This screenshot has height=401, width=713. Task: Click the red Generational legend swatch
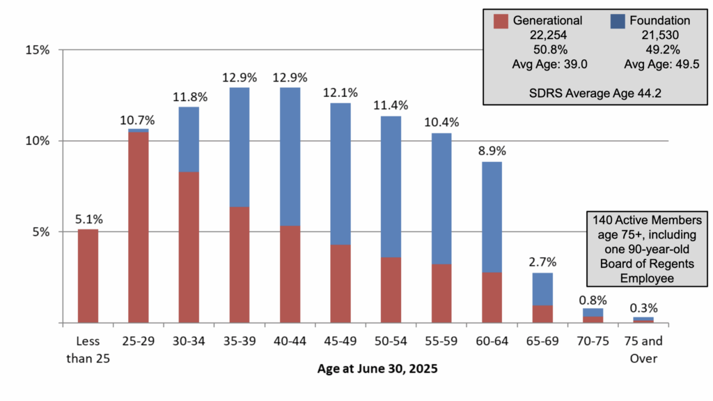(x=501, y=20)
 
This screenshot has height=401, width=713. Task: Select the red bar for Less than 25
(x=88, y=276)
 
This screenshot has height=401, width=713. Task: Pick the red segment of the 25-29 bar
(x=139, y=227)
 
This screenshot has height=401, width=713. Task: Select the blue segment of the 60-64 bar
(x=492, y=217)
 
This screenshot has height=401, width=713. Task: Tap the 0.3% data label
(x=643, y=308)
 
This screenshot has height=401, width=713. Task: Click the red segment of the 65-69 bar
(x=542, y=314)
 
